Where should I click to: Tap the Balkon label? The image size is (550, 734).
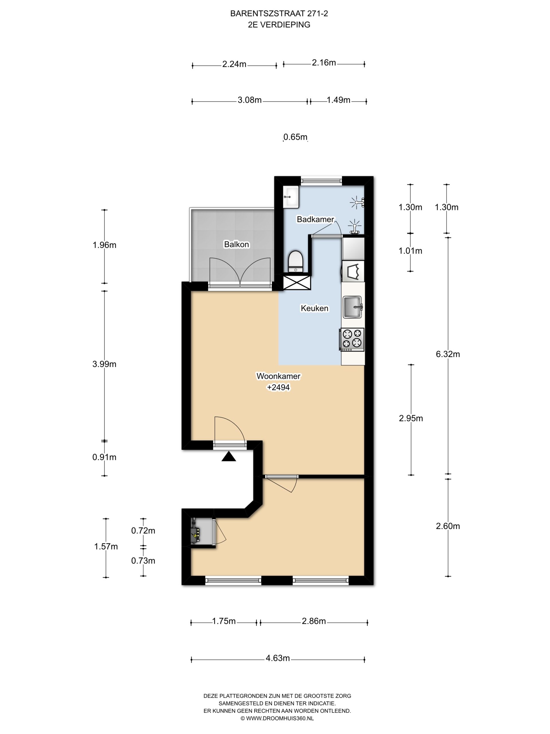pyautogui.click(x=236, y=245)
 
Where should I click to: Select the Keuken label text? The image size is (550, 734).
pyautogui.click(x=315, y=308)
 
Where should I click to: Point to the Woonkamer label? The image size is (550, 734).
pyautogui.click(x=278, y=376)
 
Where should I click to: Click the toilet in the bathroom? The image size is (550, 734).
pyautogui.click(x=295, y=262)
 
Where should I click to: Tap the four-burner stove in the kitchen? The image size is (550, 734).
pyautogui.click(x=352, y=339)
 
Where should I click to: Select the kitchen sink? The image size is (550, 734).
pyautogui.click(x=352, y=307)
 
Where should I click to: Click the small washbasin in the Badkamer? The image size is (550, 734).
pyautogui.click(x=291, y=197)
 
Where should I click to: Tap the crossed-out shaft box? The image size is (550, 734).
pyautogui.click(x=297, y=282)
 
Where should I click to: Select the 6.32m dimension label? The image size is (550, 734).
pyautogui.click(x=447, y=354)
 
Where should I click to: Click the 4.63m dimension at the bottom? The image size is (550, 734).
pyautogui.click(x=278, y=658)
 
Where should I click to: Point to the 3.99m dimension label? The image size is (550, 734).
pyautogui.click(x=105, y=364)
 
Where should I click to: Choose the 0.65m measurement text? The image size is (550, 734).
pyautogui.click(x=295, y=137)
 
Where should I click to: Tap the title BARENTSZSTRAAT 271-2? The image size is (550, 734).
pyautogui.click(x=279, y=13)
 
